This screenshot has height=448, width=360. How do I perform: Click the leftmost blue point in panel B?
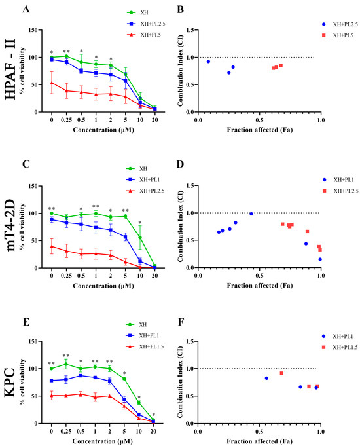209,62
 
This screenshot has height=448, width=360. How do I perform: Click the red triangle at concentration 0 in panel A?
52,83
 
